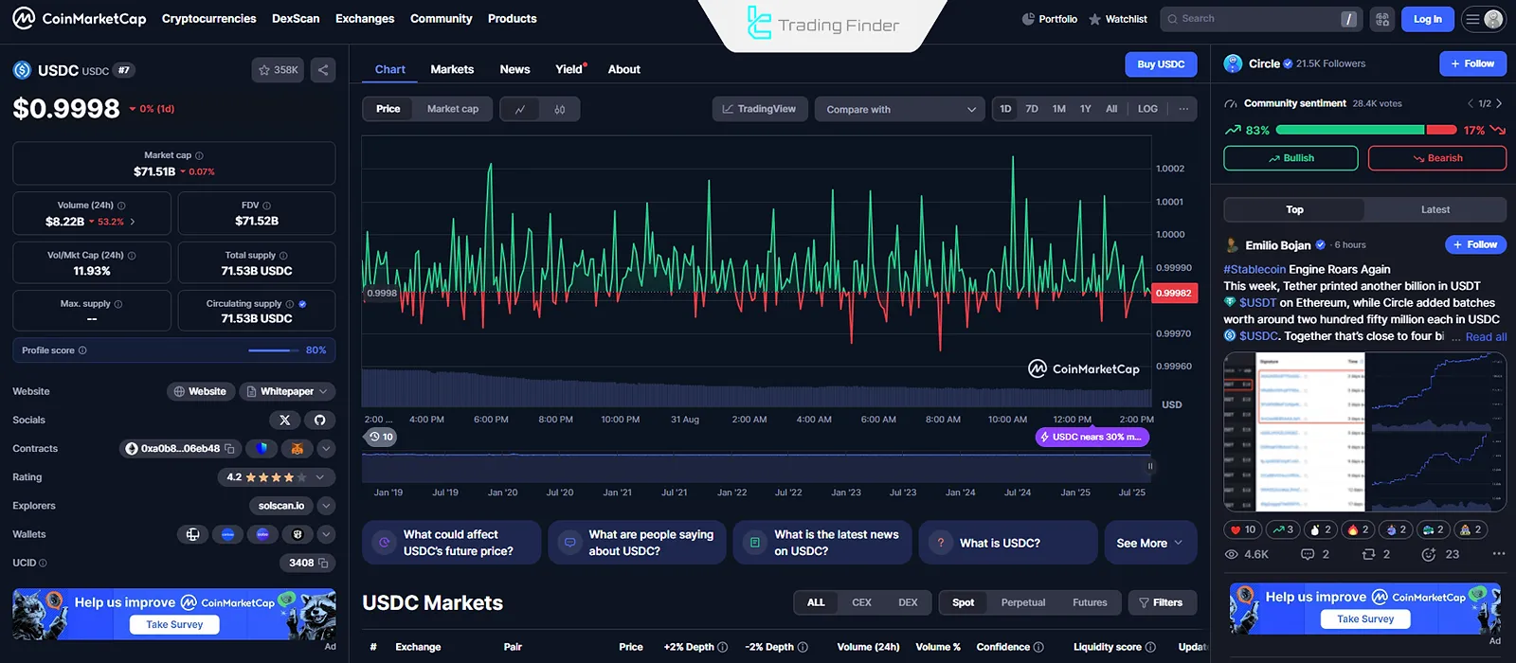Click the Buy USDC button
pos(1161,64)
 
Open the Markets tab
pos(452,69)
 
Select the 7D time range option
pos(1032,109)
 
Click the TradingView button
pos(759,109)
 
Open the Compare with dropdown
pos(899,109)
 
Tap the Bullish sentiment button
pos(1290,158)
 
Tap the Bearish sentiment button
pos(1436,158)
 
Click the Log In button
pos(1427,19)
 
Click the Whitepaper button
pos(286,391)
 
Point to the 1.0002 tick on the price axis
pos(1170,169)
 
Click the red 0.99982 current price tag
pos(1173,294)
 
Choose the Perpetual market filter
pos(1023,602)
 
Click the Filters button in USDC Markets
pos(1161,602)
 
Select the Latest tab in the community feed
pos(1435,209)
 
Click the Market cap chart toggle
pos(452,109)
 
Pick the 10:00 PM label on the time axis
pos(620,420)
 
